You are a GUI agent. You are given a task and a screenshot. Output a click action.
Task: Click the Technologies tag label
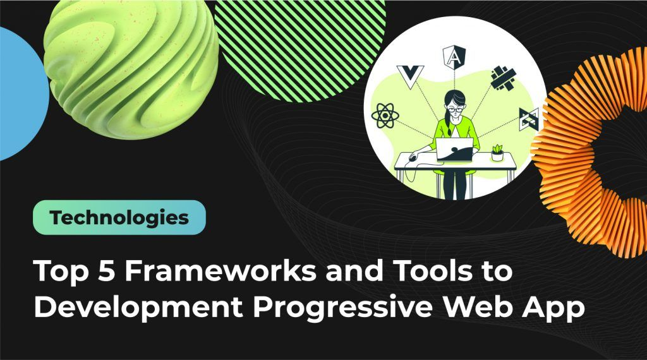point(119,218)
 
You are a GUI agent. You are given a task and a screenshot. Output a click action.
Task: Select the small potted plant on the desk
point(497,152)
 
